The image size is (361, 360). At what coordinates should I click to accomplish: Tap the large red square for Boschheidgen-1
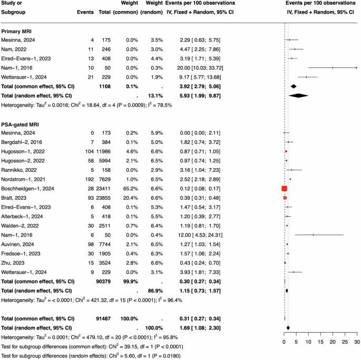(x=284, y=189)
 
